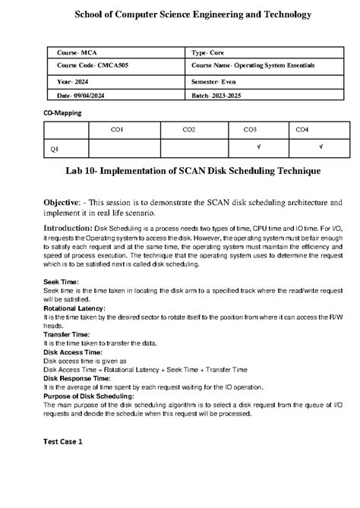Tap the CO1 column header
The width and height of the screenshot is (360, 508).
tap(117, 130)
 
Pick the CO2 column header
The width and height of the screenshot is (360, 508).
tap(188, 130)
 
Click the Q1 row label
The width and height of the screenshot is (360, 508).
tap(55, 150)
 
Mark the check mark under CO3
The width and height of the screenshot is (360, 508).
tap(259, 147)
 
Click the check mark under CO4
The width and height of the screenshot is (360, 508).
tap(322, 147)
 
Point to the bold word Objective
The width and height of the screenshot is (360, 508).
tap(62, 203)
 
